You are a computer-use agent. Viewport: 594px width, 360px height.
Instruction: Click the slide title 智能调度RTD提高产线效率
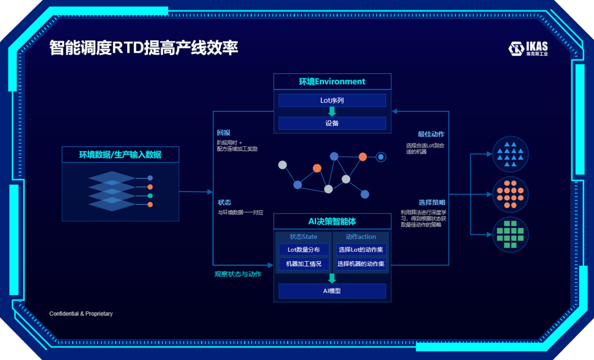click(x=144, y=48)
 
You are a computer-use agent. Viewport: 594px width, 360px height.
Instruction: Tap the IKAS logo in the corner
click(x=528, y=48)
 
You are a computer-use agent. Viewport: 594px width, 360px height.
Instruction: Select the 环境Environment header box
click(x=332, y=81)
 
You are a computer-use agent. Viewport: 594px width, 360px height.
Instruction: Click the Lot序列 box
click(x=332, y=101)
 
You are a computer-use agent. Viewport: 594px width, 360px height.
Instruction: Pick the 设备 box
click(x=332, y=123)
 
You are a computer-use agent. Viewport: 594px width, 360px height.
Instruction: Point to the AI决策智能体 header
click(x=332, y=221)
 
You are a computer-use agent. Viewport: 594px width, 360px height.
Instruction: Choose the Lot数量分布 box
click(x=304, y=250)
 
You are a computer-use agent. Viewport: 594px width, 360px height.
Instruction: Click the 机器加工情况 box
click(x=304, y=264)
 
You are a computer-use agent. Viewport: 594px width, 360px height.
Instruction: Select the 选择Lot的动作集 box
click(x=360, y=250)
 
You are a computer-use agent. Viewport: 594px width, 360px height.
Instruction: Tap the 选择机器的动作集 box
click(x=360, y=264)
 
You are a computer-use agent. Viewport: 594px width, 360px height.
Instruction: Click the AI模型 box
click(x=332, y=291)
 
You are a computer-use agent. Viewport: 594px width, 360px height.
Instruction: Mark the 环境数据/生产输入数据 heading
click(x=120, y=155)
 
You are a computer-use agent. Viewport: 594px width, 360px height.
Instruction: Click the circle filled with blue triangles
click(x=510, y=154)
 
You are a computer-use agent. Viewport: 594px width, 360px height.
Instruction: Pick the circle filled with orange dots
click(x=510, y=194)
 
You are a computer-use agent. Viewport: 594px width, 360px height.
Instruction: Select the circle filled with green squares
click(x=510, y=234)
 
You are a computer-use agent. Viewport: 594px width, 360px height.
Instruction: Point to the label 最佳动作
click(x=431, y=134)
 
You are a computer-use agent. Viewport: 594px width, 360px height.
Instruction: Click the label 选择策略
click(x=432, y=203)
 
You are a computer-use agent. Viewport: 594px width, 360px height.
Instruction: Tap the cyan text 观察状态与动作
click(x=238, y=274)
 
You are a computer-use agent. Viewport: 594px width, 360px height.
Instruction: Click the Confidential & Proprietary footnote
click(x=81, y=314)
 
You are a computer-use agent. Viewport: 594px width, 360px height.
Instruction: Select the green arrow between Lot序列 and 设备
click(x=332, y=112)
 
